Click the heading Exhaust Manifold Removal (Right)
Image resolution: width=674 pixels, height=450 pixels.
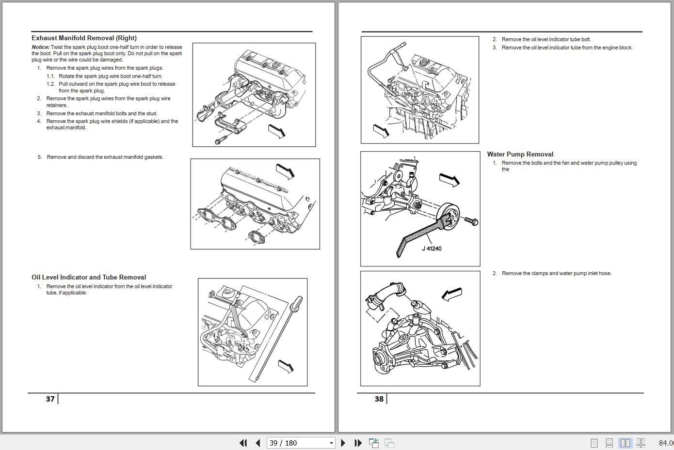point(84,38)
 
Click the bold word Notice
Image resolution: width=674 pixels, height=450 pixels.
point(40,47)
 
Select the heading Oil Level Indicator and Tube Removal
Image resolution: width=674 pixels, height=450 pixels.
point(89,277)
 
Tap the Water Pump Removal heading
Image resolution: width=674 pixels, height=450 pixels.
point(520,154)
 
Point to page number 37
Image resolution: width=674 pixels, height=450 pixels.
point(50,399)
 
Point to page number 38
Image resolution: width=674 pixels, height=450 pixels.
point(379,399)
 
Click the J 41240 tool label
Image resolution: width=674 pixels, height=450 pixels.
point(432,248)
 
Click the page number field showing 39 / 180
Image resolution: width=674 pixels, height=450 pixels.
point(297,443)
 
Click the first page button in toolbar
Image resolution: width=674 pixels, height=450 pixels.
point(243,443)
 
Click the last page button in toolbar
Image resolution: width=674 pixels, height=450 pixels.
point(358,443)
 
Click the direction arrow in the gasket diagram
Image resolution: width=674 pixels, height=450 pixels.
point(285,171)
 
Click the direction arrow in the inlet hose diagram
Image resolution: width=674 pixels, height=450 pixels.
point(452,294)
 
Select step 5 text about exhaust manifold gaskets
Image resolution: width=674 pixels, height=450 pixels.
point(105,157)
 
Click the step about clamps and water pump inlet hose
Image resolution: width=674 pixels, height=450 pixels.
point(556,273)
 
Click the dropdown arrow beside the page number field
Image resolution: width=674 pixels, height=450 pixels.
point(332,443)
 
